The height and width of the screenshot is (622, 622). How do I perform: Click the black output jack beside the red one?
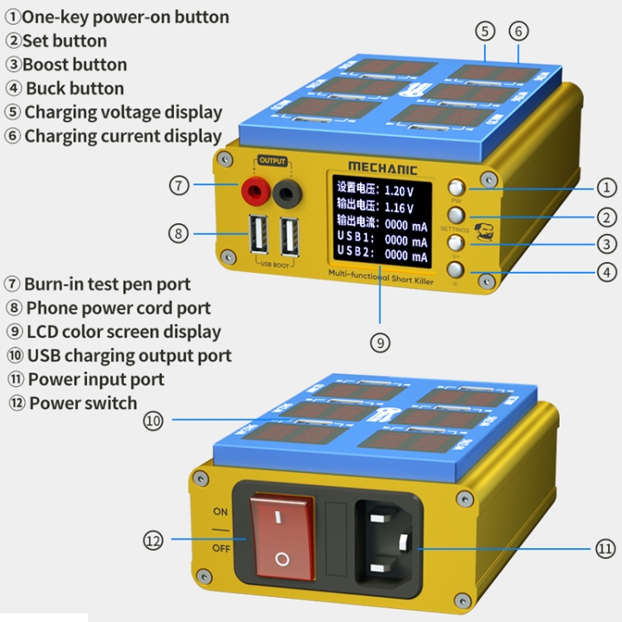[x=287, y=194]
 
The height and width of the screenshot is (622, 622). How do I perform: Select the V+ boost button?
[x=455, y=242]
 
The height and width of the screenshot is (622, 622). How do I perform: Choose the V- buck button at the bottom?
[x=455, y=270]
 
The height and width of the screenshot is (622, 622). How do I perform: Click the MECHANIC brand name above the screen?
[x=383, y=166]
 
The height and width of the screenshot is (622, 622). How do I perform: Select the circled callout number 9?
[x=379, y=342]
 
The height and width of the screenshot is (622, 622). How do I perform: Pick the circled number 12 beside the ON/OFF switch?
[x=153, y=540]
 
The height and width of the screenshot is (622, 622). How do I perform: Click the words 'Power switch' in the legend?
[x=83, y=403]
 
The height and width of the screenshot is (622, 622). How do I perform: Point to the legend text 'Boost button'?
[x=75, y=65]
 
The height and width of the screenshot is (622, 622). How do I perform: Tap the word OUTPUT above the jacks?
[x=272, y=161]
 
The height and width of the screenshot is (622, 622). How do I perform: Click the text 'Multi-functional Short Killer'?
[x=381, y=278]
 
